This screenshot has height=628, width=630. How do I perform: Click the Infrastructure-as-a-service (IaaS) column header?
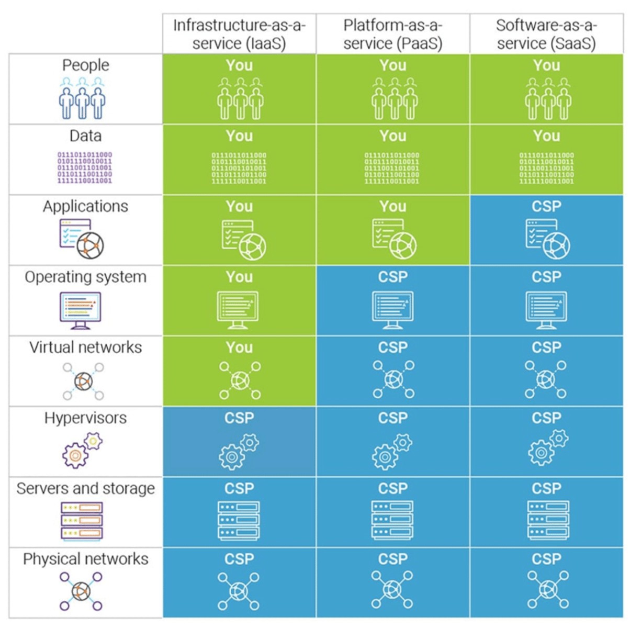[239, 34]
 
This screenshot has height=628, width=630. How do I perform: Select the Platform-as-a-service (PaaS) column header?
[392, 34]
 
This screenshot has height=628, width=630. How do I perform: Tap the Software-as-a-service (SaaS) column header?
[546, 34]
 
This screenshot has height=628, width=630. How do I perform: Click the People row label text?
[85, 65]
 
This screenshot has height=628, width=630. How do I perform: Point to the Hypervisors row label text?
[85, 418]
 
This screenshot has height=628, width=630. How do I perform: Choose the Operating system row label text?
[85, 277]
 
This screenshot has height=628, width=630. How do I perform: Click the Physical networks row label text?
[85, 559]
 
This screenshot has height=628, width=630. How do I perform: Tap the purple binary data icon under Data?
[85, 167]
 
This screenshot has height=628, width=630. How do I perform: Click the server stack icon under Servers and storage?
[82, 521]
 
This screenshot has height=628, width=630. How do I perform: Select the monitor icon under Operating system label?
[80, 310]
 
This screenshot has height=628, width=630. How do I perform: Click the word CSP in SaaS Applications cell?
[546, 207]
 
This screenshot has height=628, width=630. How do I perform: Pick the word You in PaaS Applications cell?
[392, 207]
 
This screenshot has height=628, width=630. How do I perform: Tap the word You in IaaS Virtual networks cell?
[239, 347]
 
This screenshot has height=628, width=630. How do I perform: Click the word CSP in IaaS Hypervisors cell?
[239, 418]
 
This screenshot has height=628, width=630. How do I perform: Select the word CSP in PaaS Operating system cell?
[392, 277]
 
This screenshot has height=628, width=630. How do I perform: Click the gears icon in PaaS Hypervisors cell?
[392, 451]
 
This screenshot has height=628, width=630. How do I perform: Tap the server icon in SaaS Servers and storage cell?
[548, 520]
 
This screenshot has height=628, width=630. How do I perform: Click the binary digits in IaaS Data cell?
[239, 168]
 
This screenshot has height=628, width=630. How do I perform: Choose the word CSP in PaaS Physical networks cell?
[392, 559]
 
